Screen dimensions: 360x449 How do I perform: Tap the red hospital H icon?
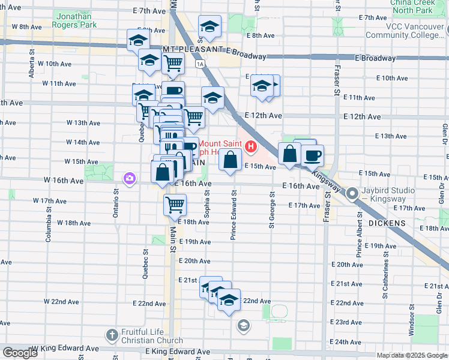coord(250,146)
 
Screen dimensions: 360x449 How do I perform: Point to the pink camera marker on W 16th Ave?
coord(129,178)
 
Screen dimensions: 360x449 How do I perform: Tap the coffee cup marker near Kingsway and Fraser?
coord(312,157)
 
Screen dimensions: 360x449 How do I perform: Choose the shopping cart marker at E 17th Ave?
coord(175,205)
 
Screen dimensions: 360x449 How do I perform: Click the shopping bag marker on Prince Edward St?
coord(231,160)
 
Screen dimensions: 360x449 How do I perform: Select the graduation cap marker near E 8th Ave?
coord(209,26)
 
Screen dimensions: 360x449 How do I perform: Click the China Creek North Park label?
coord(412,7)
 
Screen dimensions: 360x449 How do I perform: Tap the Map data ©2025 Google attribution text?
coord(411,355)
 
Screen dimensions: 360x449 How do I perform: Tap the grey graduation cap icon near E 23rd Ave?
coord(243,326)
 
